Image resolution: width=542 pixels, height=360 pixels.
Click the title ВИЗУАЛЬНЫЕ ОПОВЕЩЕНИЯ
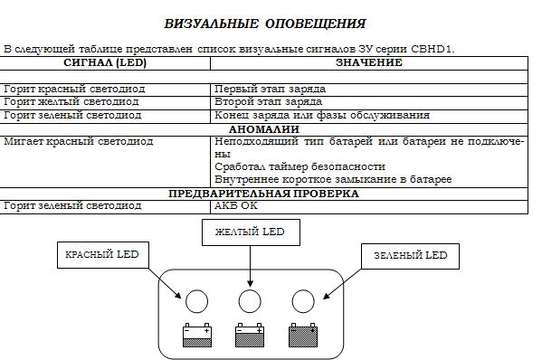pyautogui.click(x=265, y=24)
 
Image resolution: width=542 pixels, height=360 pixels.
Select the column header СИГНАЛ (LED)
pyautogui.click(x=105, y=62)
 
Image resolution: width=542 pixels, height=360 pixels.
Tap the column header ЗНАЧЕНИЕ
pyautogui.click(x=369, y=62)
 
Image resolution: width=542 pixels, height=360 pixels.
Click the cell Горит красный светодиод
pyautogui.click(x=74, y=90)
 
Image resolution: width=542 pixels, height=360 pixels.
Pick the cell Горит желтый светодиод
pyautogui.click(x=71, y=102)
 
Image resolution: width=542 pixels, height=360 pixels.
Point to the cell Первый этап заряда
pyautogui.click(x=270, y=90)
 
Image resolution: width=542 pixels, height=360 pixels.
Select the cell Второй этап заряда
pyautogui.click(x=268, y=102)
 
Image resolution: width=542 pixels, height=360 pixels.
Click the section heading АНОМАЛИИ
pyautogui.click(x=264, y=129)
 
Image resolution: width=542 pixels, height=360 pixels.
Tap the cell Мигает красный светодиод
pyautogui.click(x=79, y=142)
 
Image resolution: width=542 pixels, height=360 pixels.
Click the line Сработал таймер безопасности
pyautogui.click(x=300, y=166)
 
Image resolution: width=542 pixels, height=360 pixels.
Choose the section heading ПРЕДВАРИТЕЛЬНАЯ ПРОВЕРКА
pyautogui.click(x=263, y=194)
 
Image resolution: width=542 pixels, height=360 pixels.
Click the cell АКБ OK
pyautogui.click(x=236, y=205)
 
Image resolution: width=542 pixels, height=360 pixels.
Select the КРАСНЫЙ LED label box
pyautogui.click(x=102, y=255)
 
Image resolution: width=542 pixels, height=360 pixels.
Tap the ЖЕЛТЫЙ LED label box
pyautogui.click(x=251, y=232)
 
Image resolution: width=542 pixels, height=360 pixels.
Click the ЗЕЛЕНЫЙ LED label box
pyautogui.click(x=410, y=256)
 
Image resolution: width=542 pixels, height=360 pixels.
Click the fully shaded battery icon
pyautogui.click(x=303, y=335)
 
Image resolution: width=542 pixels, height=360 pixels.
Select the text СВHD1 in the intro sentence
pyautogui.click(x=432, y=49)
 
